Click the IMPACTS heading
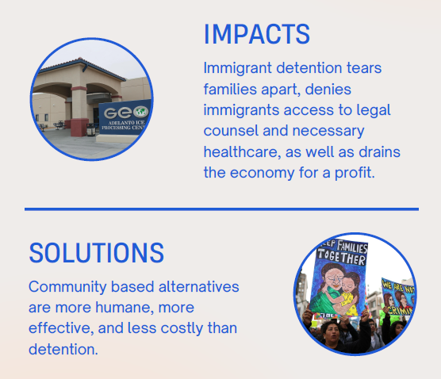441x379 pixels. [256, 34]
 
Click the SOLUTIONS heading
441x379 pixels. [96, 252]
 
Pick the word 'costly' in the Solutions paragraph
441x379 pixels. [183, 327]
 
